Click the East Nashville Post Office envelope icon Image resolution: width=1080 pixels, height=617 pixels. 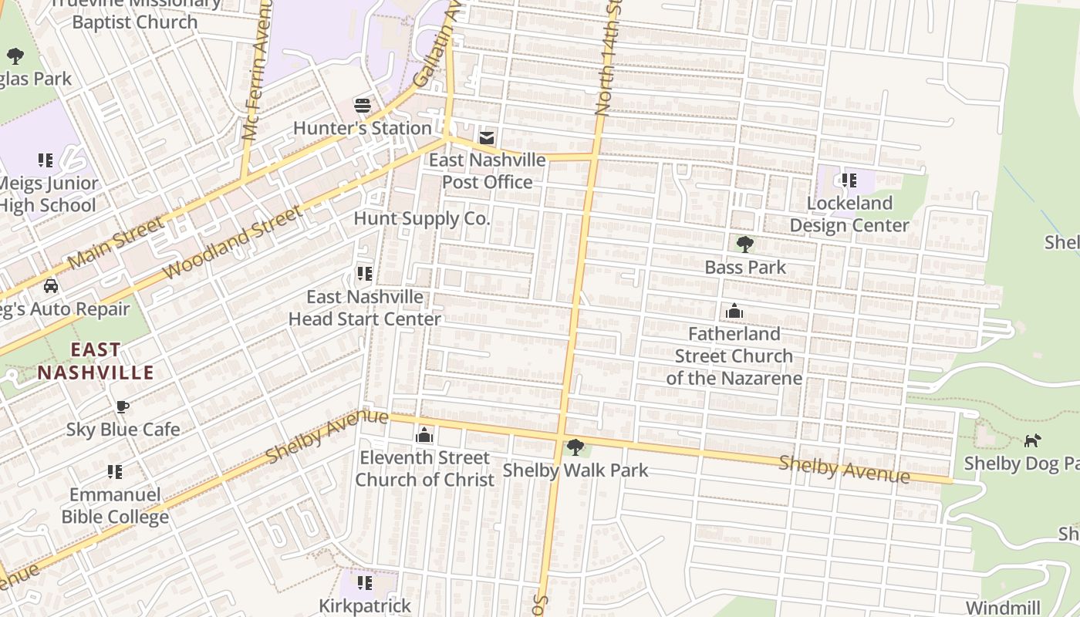coord(487,138)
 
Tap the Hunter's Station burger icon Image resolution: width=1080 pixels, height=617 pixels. coord(362,105)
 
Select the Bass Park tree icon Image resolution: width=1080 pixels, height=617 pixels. coord(744,244)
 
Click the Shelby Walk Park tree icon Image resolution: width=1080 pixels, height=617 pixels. coord(575,447)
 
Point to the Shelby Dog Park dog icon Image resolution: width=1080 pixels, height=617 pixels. coord(1031,440)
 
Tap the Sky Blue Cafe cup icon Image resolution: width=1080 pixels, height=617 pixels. coord(122,406)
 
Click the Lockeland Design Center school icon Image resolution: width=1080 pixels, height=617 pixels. coord(849,180)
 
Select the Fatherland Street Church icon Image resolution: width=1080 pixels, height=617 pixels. coord(734,311)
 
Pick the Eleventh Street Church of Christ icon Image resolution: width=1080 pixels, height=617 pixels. coord(424,436)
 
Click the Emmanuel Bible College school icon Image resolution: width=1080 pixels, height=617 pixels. coord(115,471)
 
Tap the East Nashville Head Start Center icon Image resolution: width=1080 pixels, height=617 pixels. coord(364,274)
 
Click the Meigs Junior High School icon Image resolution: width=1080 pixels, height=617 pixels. coord(46,160)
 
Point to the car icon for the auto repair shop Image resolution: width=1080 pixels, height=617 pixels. coord(51,286)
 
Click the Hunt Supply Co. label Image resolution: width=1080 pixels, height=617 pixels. coord(421,218)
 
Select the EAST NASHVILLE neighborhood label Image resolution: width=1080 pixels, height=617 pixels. coord(96,361)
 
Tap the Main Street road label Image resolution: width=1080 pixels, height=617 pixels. coord(116,243)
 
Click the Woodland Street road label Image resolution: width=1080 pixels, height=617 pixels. coord(231,243)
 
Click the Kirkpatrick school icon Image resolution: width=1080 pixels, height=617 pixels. coord(365,582)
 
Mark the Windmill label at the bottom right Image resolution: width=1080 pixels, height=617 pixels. coord(1003,607)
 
